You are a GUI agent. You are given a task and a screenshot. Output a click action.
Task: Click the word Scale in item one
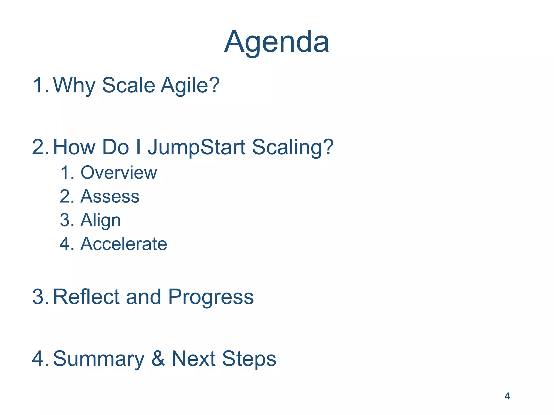tap(128, 85)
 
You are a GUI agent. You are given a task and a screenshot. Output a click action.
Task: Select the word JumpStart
tap(196, 148)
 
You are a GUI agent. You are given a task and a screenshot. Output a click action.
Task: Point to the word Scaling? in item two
tap(293, 148)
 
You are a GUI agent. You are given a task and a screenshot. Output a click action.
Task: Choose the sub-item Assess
tap(110, 196)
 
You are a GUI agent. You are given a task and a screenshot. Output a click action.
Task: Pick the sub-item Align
tap(101, 220)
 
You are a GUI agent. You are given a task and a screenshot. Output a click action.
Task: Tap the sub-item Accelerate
tap(124, 244)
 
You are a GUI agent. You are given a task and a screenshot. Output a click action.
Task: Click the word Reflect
tap(86, 297)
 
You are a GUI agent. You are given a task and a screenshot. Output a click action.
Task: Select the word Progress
tap(211, 297)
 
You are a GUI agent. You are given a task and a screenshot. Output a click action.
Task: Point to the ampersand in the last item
tap(158, 359)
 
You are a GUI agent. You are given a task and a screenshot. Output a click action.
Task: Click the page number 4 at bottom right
tap(507, 396)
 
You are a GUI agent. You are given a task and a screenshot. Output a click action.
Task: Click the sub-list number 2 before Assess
tap(66, 196)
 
